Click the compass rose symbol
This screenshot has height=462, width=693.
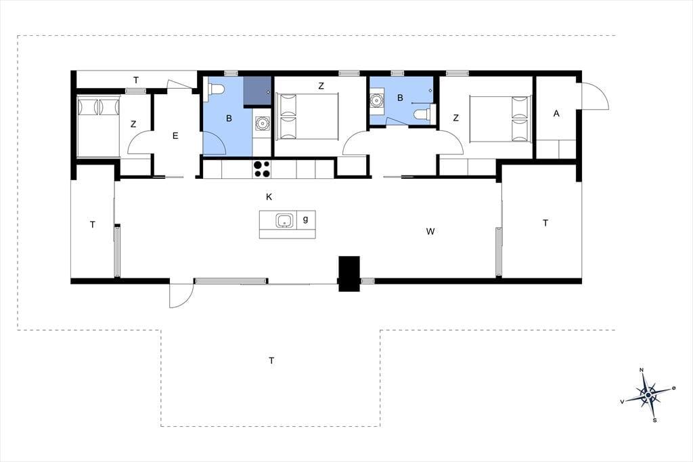[x=648, y=394]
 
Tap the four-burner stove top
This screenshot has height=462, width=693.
[x=261, y=169]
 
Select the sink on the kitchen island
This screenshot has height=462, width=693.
[x=285, y=220]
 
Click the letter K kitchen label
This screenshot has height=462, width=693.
[x=269, y=197]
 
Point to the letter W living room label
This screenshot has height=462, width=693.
[x=430, y=231]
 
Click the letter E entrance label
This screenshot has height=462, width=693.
[x=175, y=136]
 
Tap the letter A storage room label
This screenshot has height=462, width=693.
[x=556, y=114]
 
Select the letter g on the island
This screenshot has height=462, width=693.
[x=305, y=219]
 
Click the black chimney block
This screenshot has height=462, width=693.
[x=349, y=274]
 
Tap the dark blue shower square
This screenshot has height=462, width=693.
[x=256, y=91]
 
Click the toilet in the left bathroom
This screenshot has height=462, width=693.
[x=216, y=89]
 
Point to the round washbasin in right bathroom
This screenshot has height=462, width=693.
[x=376, y=100]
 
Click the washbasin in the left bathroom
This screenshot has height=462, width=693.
[x=262, y=123]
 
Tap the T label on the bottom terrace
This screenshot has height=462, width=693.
[x=271, y=360]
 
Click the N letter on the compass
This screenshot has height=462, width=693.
[x=642, y=370]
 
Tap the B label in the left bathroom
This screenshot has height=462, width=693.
[x=229, y=118]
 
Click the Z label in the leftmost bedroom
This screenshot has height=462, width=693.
[x=133, y=125]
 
